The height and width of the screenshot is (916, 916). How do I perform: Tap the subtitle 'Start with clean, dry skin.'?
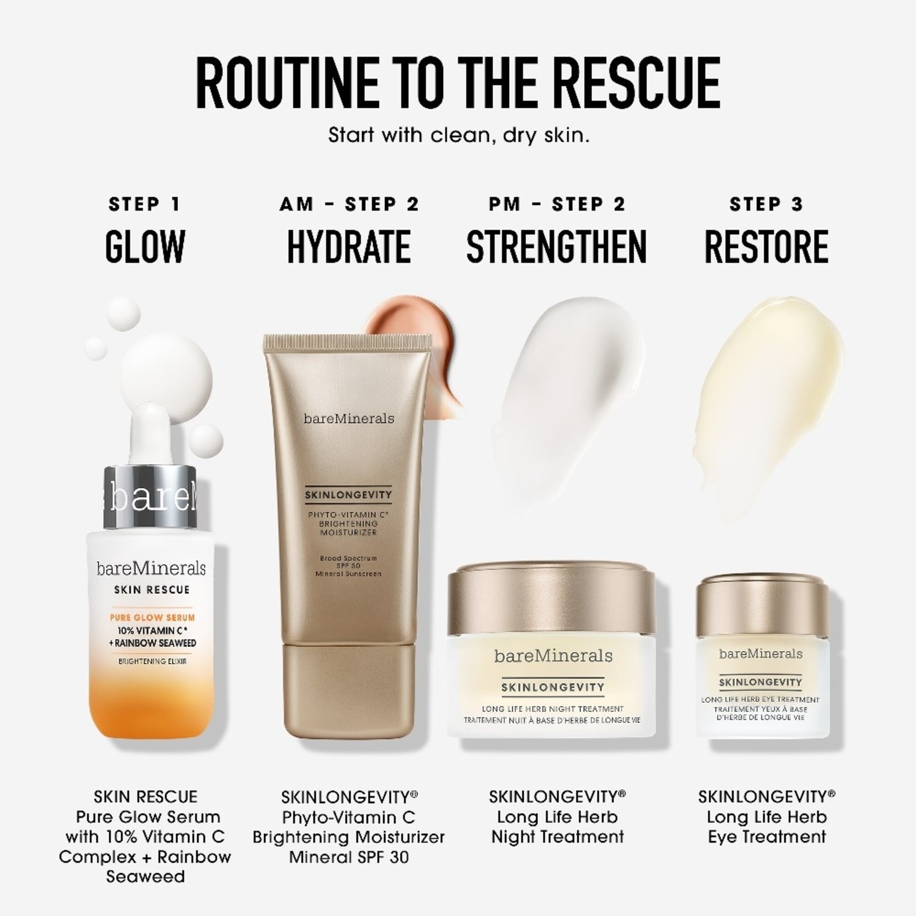click(x=458, y=135)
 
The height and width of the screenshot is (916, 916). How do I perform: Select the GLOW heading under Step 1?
click(x=145, y=246)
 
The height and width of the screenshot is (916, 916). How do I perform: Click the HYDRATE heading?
click(x=349, y=246)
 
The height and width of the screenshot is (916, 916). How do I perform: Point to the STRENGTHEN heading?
click(x=556, y=246)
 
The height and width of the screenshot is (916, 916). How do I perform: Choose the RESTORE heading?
click(x=767, y=246)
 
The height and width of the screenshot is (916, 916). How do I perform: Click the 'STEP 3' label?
click(x=767, y=204)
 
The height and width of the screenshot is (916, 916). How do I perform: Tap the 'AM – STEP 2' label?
click(x=349, y=204)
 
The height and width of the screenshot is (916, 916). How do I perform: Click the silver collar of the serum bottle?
click(x=150, y=497)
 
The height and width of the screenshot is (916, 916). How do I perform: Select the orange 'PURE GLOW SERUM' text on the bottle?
click(x=152, y=617)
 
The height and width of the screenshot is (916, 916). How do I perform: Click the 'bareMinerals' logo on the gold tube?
click(x=349, y=418)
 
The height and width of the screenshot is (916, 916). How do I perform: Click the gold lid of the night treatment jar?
click(x=551, y=597)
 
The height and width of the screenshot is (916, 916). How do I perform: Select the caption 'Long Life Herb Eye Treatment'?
click(x=767, y=827)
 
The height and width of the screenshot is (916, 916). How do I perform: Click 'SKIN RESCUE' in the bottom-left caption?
click(x=145, y=796)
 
